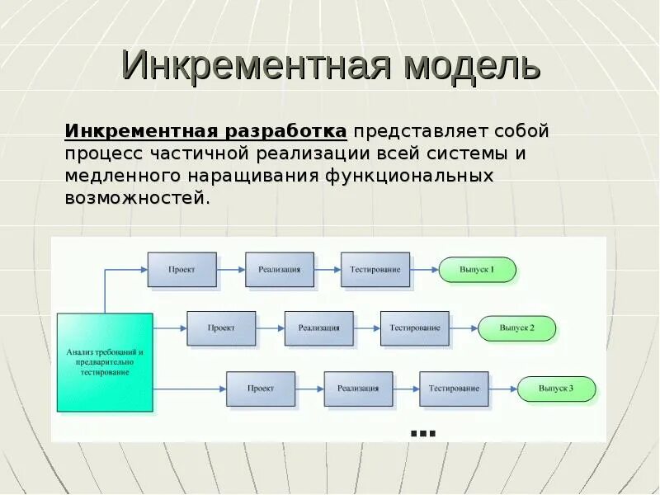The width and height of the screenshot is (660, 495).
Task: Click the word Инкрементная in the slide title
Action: click(255, 66)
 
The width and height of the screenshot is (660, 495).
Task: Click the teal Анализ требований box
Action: click(105, 362)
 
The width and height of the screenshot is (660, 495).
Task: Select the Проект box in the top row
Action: click(182, 270)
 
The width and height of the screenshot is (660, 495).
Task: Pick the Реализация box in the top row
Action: click(279, 270)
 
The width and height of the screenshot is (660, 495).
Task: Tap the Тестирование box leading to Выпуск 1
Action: click(375, 270)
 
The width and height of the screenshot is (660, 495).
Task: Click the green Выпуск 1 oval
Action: click(477, 270)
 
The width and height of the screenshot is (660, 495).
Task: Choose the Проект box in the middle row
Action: click(221, 328)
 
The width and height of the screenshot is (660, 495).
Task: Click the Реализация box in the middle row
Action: click(318, 328)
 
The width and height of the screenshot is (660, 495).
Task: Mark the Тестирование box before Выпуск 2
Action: click(415, 328)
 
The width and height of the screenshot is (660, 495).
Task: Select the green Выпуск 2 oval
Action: click(517, 328)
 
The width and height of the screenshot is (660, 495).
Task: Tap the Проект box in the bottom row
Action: click(261, 389)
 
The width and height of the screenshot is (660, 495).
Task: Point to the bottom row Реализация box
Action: click(358, 389)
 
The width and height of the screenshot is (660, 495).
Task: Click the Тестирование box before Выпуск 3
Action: click(454, 389)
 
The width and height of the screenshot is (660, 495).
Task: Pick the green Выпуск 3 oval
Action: click(556, 389)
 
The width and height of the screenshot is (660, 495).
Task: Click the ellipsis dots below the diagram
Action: click(422, 433)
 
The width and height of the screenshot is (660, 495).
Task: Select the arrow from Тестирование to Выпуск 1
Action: click(424, 270)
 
